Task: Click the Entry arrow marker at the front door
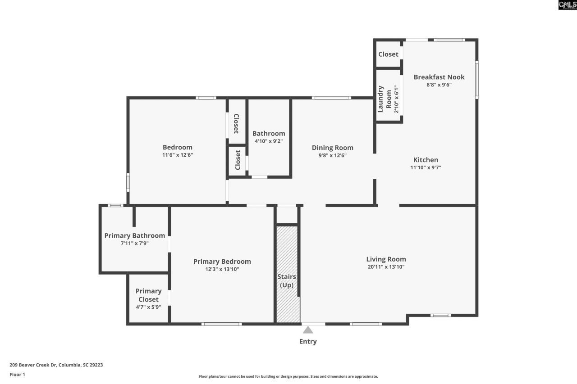[x=308, y=330]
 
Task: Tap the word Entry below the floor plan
[x=308, y=342]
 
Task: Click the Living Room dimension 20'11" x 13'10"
[x=386, y=267]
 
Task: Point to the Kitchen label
[x=426, y=160]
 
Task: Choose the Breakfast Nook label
[x=439, y=77]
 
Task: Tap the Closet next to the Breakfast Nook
[x=388, y=54]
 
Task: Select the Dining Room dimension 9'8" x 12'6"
[x=333, y=155]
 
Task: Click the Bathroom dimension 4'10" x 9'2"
[x=269, y=141]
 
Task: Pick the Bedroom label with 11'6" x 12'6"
[x=177, y=147]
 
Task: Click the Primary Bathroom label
[x=134, y=235]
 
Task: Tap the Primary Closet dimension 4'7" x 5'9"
[x=148, y=307]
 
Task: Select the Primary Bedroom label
[x=222, y=262]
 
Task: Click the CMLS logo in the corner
[x=567, y=5]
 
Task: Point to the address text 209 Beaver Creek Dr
[x=56, y=365]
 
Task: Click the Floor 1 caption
[x=18, y=375]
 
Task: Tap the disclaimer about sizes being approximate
[x=288, y=376]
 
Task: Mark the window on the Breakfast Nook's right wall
[x=476, y=80]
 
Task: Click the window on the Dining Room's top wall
[x=331, y=98]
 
